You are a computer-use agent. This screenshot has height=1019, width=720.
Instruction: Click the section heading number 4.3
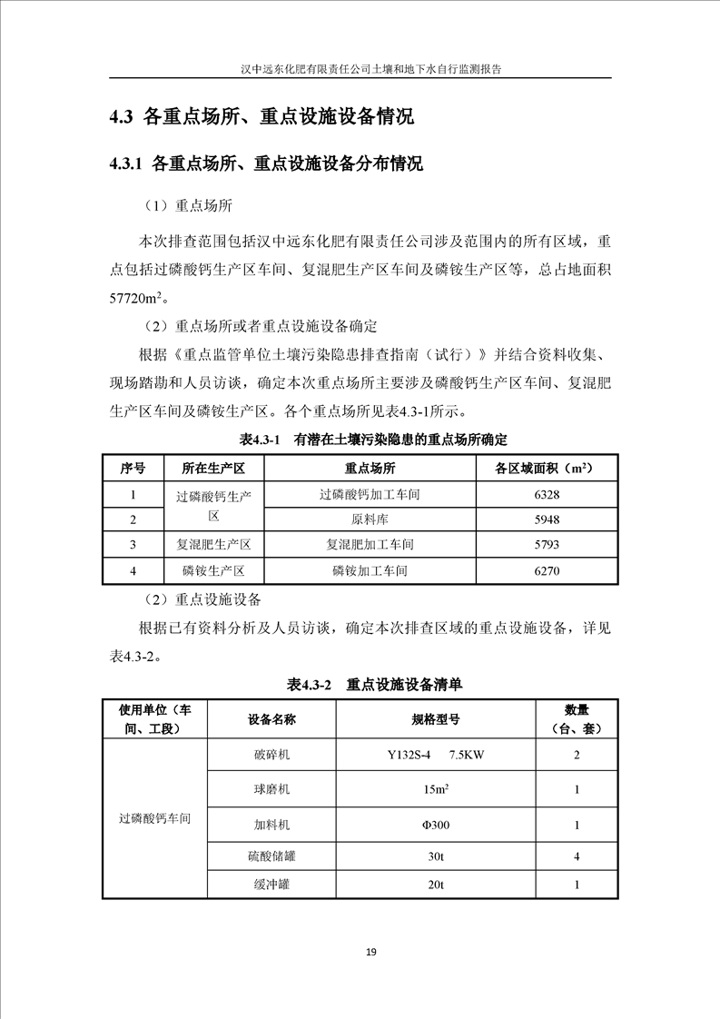point(122,117)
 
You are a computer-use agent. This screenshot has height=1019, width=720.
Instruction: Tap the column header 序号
point(133,469)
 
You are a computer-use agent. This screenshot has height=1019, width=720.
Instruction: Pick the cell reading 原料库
point(370,520)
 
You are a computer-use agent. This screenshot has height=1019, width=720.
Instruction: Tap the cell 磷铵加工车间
point(370,571)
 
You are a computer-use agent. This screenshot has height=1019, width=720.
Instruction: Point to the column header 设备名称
point(271,719)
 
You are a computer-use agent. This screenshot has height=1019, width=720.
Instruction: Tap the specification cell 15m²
point(435,790)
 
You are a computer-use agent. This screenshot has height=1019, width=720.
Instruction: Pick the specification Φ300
point(435,826)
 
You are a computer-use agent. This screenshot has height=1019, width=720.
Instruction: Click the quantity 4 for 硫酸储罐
point(577,855)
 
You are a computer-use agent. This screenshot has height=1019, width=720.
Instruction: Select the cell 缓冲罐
point(271,885)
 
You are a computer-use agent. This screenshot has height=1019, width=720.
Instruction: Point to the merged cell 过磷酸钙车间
point(155,818)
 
